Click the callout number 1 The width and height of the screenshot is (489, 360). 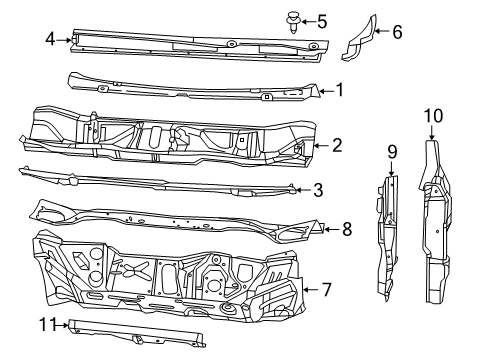coord(339,89)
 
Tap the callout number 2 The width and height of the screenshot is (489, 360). coord(337,145)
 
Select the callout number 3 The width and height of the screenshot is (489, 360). coord(318,188)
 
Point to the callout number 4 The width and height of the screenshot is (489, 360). coord(49,39)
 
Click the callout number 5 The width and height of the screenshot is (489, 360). coord(322,20)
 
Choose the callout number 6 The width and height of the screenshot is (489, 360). coord(397,32)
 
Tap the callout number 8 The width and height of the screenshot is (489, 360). coord(347,228)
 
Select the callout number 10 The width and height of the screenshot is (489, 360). coord(432,116)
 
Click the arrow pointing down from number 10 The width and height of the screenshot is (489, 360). coord(432,132)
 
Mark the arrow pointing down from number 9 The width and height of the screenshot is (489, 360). coord(392,166)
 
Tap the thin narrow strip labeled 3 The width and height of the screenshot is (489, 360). coord(150,182)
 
